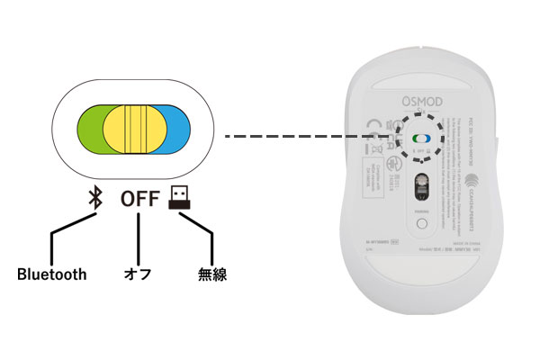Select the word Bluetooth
tap(51, 274)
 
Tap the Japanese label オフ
tap(139, 274)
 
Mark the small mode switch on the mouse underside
tap(420, 139)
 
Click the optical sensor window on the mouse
tap(419, 187)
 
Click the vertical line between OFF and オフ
tap(139, 238)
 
